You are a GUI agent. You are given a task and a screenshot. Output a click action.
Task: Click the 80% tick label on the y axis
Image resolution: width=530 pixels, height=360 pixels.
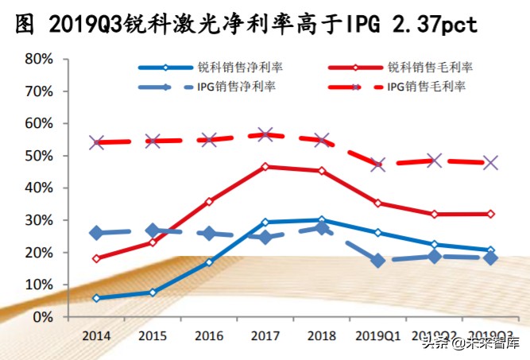pos(37,60)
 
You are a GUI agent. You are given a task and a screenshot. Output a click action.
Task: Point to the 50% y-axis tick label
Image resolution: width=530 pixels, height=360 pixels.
pos(37,157)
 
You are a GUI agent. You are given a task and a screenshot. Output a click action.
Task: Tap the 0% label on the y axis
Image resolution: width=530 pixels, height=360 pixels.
pos(41,317)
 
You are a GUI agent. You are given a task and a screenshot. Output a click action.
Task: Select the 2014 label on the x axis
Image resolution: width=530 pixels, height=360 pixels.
pos(96,334)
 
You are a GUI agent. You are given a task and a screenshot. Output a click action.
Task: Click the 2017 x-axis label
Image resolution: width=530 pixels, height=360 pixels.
pos(265,334)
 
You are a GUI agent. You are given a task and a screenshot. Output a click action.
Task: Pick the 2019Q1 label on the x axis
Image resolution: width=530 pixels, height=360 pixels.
pos(378,334)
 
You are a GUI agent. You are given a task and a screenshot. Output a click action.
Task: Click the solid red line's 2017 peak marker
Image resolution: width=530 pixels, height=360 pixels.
pos(265,167)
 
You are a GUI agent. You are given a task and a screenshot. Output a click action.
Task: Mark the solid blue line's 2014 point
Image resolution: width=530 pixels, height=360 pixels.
pos(96,298)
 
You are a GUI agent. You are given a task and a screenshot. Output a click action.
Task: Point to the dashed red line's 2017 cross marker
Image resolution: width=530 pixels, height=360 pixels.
pos(265,135)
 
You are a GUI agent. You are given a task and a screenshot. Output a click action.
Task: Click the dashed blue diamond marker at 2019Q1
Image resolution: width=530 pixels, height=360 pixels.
pos(378,260)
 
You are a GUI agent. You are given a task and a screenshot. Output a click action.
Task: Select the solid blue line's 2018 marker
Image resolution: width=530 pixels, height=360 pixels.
pos(322,220)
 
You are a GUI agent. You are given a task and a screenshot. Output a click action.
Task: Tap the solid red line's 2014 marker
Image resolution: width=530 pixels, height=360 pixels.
pos(96,258)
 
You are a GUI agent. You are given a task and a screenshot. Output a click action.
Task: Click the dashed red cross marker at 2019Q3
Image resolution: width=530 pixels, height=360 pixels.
pos(491,163)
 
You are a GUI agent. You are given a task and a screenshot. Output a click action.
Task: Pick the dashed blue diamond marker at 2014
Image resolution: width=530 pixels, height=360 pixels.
pos(96,233)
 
